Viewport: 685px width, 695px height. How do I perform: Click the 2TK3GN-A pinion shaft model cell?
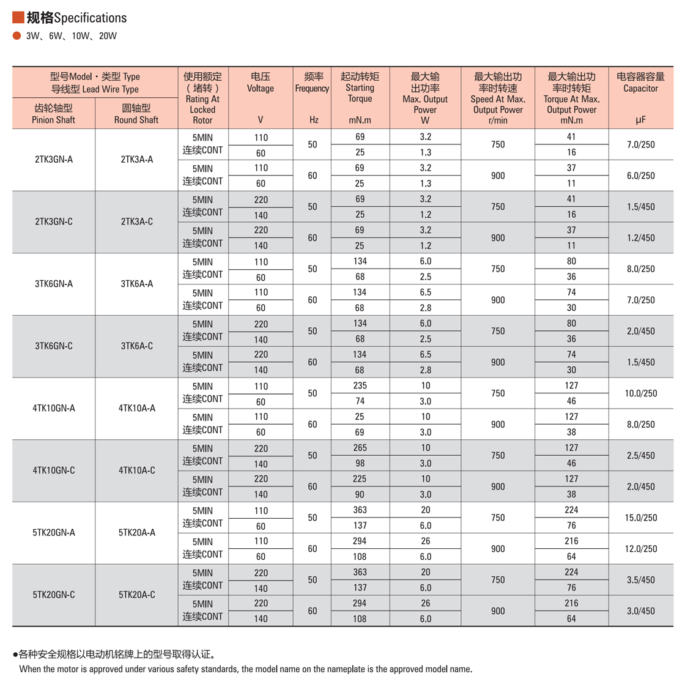54,160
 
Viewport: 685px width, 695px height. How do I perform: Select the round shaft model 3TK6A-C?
137,346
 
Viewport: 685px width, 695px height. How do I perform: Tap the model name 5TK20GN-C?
54,595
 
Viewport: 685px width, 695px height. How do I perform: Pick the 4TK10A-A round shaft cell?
137,408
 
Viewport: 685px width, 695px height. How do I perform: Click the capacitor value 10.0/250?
640,393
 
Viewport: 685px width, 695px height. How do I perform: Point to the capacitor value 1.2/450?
640,238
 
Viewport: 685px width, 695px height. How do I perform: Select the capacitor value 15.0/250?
640,518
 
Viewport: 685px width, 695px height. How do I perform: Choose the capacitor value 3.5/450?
640,580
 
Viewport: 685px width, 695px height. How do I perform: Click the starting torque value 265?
360,448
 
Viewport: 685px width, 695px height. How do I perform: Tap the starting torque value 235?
360,385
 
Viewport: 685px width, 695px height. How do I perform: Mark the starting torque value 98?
360,463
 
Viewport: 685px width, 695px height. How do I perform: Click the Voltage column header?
261,83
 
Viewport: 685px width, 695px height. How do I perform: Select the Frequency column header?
313,83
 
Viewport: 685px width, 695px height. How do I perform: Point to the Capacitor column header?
640,83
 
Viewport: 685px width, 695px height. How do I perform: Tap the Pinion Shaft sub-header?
54,114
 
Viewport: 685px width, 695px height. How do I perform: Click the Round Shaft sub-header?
136,114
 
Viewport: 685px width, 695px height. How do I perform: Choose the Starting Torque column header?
360,87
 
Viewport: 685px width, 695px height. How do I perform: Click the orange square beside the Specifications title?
18,17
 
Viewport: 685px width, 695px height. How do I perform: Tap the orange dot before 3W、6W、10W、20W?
17,35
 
